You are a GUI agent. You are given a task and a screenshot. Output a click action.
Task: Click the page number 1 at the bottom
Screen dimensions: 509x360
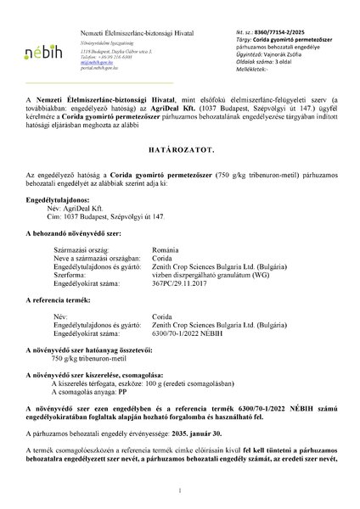[181, 492]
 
